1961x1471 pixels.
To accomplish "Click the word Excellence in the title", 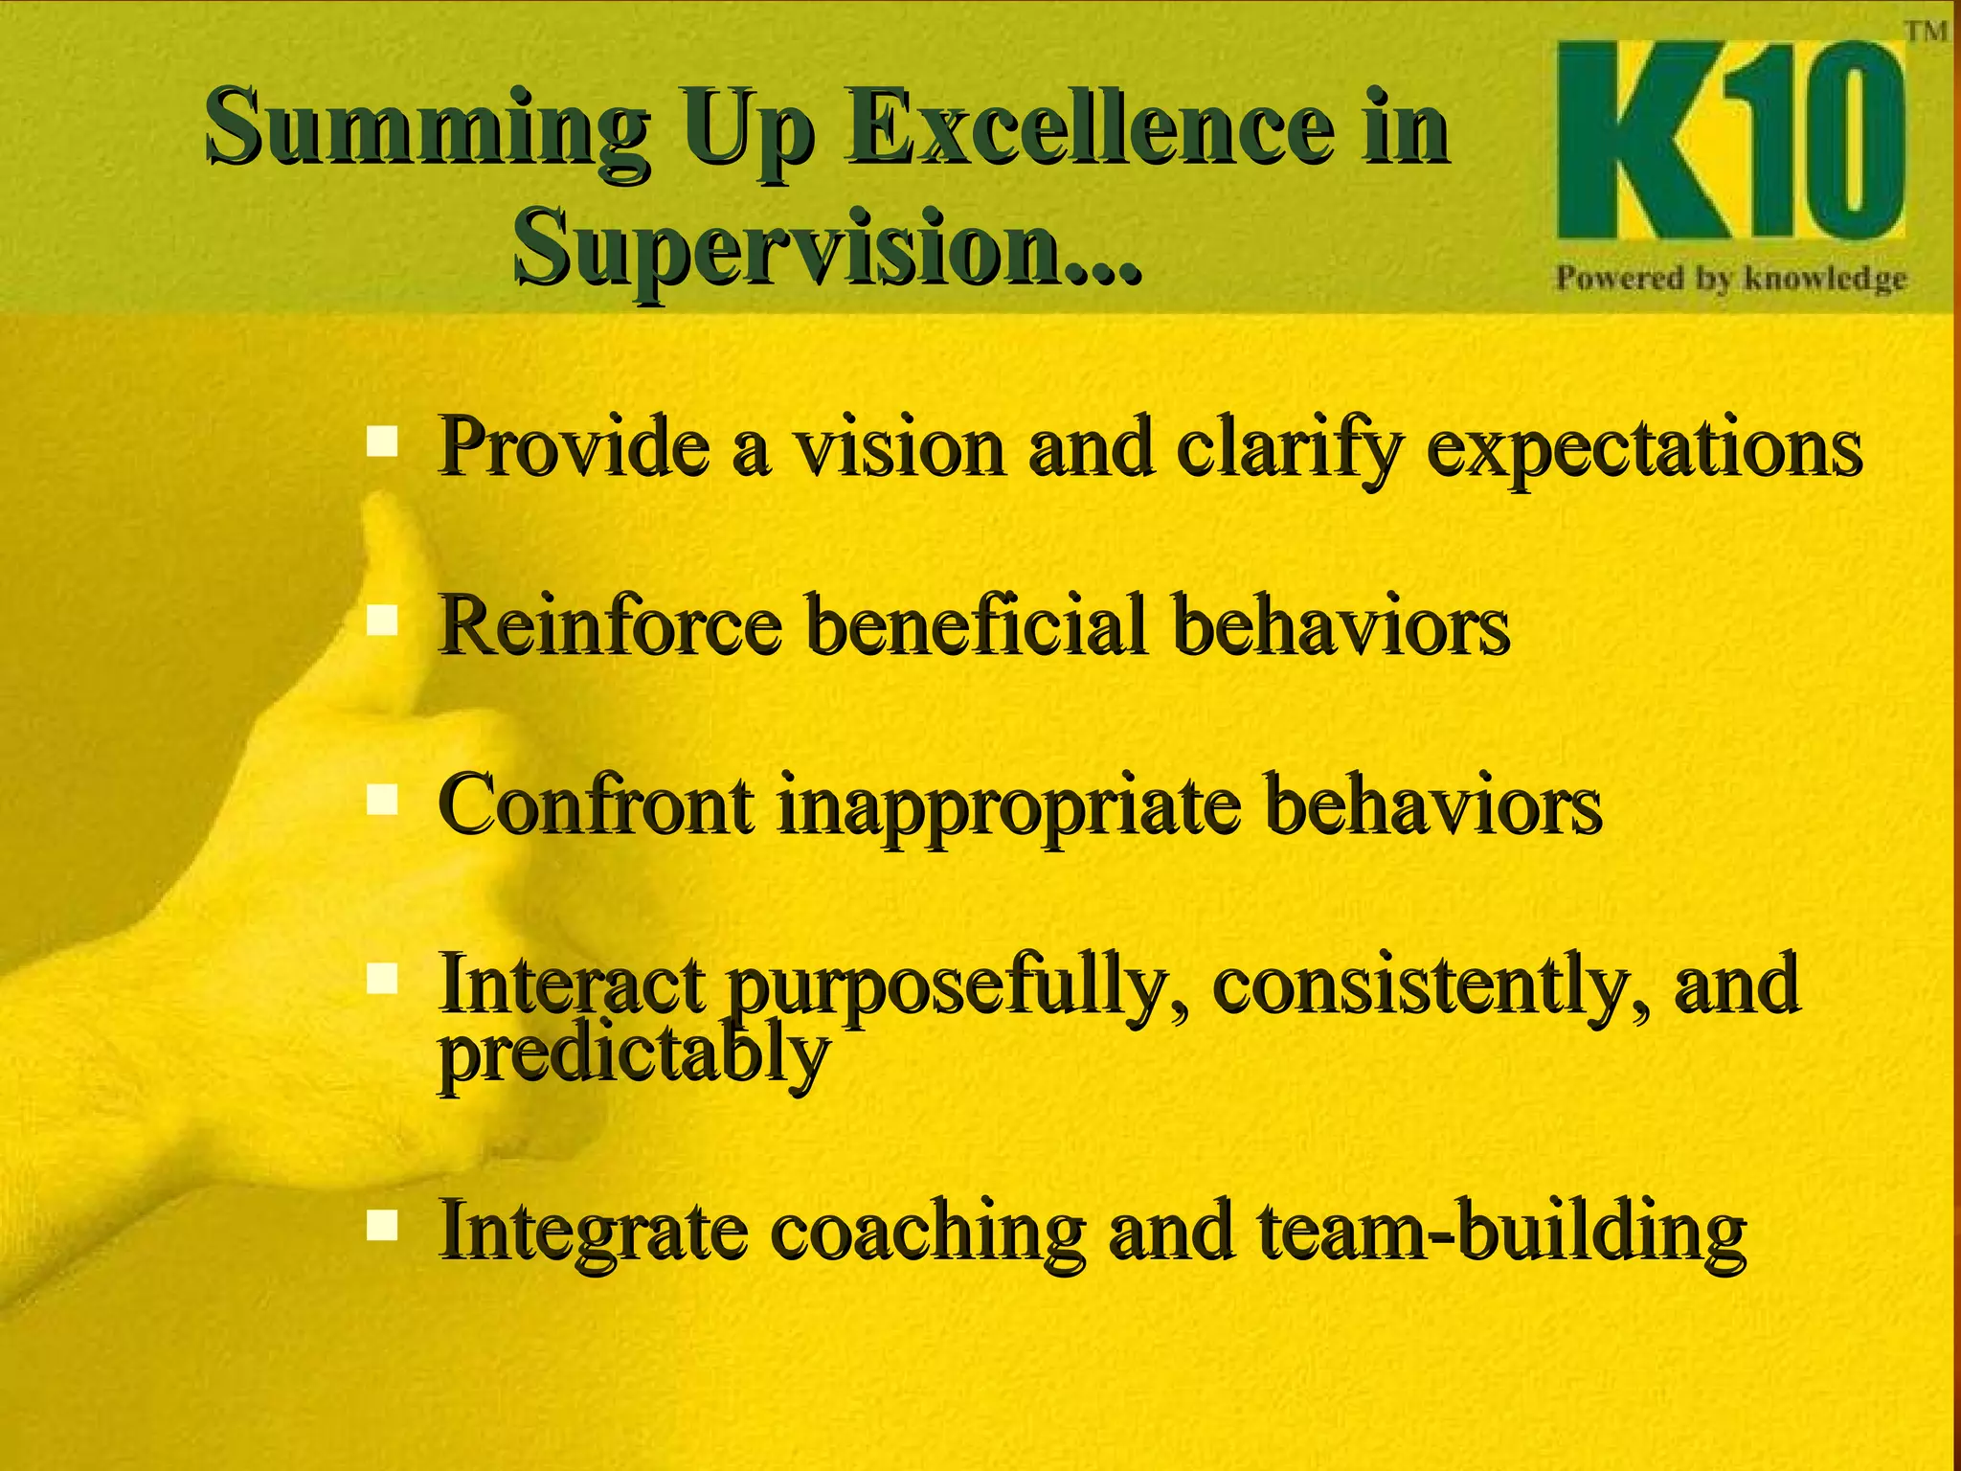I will [x=1086, y=129].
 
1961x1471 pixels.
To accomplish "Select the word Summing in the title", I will [x=426, y=129].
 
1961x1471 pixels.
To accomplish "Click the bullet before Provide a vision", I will [x=382, y=442].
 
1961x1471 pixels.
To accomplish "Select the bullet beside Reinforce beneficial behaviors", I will [x=382, y=621].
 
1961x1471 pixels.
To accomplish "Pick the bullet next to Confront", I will [x=382, y=800].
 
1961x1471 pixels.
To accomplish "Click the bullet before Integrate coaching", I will [x=382, y=1225].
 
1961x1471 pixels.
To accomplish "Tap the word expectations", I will [x=1643, y=448].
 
